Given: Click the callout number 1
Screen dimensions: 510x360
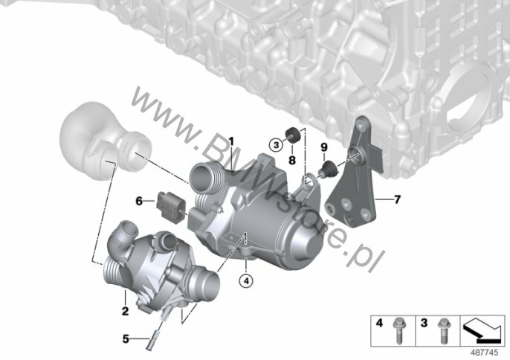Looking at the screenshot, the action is (231, 141).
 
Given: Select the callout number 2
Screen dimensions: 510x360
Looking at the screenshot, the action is (125, 311).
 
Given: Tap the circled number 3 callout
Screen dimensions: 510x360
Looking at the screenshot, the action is (276, 144).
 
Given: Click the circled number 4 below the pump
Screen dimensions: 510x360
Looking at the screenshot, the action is (246, 280).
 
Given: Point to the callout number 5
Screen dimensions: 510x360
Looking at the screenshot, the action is (126, 339).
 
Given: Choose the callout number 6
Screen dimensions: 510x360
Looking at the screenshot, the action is (139, 201).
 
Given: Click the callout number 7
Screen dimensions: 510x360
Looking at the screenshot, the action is (397, 199).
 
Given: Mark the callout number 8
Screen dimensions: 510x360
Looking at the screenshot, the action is (292, 160).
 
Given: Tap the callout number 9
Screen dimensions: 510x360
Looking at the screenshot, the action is (324, 147).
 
